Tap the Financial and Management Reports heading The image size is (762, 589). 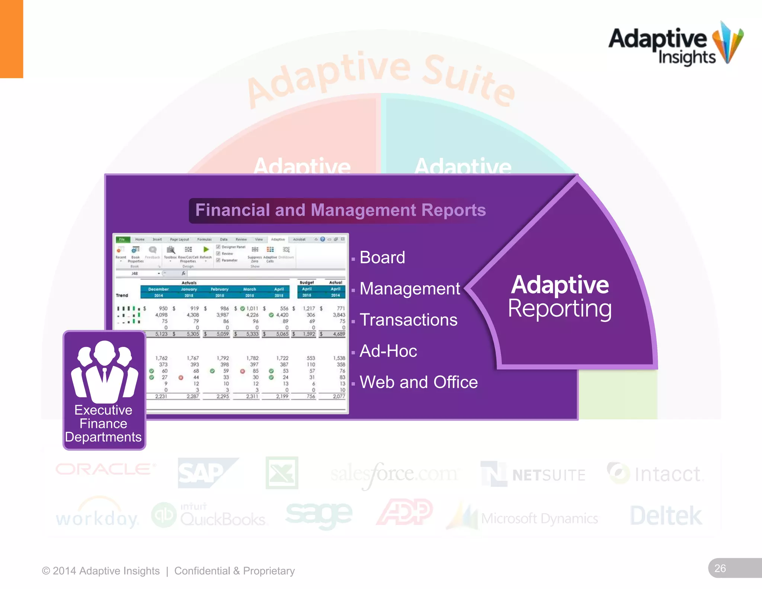[340, 210]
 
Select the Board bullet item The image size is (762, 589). [382, 258]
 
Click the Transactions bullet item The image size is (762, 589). [408, 320]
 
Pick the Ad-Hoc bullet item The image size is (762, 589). [388, 351]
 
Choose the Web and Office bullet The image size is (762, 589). [418, 382]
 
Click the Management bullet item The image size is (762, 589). [410, 289]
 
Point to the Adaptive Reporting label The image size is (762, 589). [560, 297]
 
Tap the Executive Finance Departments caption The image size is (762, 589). [103, 424]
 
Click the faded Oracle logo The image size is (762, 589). [105, 469]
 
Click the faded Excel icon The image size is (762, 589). [282, 473]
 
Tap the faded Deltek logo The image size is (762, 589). [666, 516]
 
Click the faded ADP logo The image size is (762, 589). [405, 512]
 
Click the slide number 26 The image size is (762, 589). [720, 569]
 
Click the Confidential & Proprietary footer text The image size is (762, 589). [234, 571]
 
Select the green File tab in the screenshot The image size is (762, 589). [122, 239]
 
